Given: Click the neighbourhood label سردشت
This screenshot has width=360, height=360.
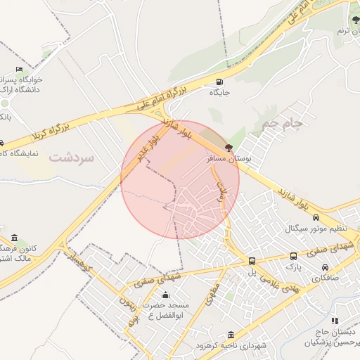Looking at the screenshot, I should click(71, 157).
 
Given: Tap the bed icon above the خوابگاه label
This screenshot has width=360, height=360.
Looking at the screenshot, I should click(19, 69).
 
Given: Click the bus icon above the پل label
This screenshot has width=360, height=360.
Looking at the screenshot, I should click(252, 260).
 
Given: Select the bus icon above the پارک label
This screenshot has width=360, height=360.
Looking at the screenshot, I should click(293, 257).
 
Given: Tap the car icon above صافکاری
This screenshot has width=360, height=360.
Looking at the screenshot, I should click(325, 267).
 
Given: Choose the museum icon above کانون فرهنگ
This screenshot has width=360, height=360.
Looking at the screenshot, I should click(15, 238).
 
